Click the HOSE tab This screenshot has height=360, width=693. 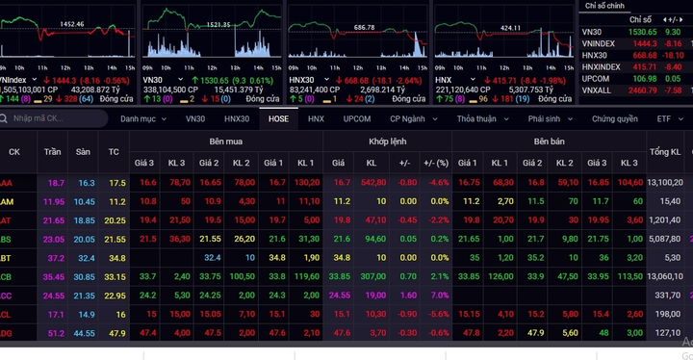coord(278,118)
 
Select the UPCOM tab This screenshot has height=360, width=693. coord(356,118)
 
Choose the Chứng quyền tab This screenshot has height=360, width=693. coord(614,118)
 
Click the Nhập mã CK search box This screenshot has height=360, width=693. coord(58,118)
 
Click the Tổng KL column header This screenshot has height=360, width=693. coord(664,152)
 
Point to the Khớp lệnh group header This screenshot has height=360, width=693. coord(387,141)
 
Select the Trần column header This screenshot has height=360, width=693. coord(53,152)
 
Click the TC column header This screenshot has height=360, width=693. coord(115,152)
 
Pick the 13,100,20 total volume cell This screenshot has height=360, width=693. coord(664,182)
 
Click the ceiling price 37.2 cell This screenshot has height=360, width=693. coord(55,258)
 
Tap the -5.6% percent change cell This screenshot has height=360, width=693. coord(439,314)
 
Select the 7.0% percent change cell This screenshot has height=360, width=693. coord(439,296)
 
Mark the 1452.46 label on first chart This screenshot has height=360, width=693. coord(71,22)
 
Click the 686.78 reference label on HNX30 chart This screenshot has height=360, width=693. coord(364,27)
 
